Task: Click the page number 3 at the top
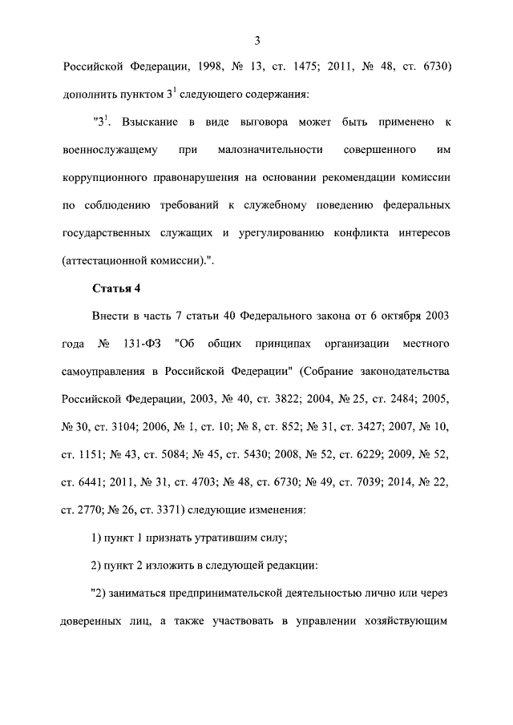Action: (256, 41)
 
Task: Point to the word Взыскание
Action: (151, 122)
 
